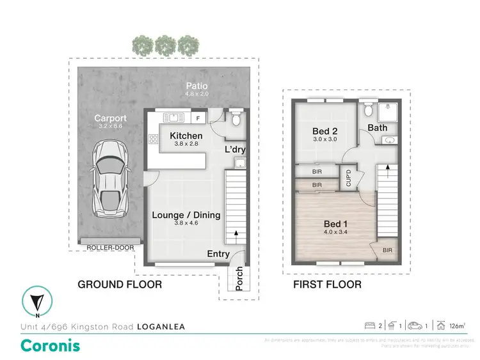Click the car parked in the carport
[x=110, y=178]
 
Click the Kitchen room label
[x=186, y=136]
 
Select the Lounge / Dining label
[x=186, y=215]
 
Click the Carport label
[x=111, y=118]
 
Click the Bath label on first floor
[x=377, y=128]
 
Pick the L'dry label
[x=235, y=150]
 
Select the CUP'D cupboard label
[x=348, y=177]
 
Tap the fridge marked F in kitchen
[x=198, y=118]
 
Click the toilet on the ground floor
[x=236, y=119]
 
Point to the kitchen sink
[x=172, y=117]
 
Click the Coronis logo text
[x=51, y=346]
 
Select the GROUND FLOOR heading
[x=120, y=284]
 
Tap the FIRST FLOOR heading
[x=328, y=284]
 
